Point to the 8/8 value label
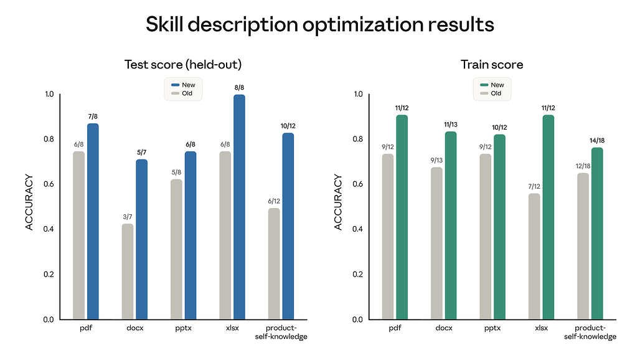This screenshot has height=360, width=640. pyautogui.click(x=239, y=88)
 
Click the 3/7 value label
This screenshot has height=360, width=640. pyautogui.click(x=128, y=217)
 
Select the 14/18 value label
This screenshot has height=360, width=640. pyautogui.click(x=597, y=141)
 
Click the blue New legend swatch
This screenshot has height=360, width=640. pyautogui.click(x=175, y=85)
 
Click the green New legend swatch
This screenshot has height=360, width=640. pyautogui.click(x=484, y=85)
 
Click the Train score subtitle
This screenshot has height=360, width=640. pyautogui.click(x=491, y=65)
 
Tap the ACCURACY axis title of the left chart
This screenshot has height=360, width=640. pyautogui.click(x=29, y=202)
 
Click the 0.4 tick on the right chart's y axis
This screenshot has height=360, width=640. pyautogui.click(x=357, y=229)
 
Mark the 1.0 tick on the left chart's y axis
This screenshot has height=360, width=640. pyautogui.click(x=48, y=94)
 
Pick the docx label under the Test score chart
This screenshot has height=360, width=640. pyautogui.click(x=135, y=328)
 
